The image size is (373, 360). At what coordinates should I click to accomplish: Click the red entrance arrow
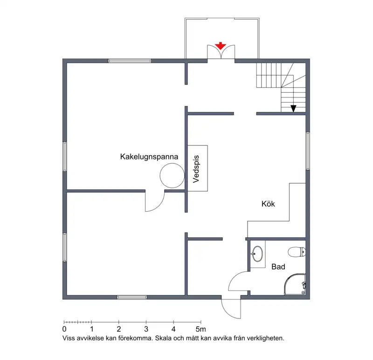point(221,46)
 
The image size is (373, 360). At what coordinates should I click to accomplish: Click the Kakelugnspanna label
point(149,157)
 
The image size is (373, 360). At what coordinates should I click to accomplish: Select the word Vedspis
point(196,169)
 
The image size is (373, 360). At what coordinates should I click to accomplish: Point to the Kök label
point(268,204)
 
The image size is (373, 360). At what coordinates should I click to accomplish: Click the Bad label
point(278,267)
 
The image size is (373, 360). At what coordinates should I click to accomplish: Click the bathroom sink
point(257,253)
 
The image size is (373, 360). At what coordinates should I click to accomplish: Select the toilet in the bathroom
point(297,252)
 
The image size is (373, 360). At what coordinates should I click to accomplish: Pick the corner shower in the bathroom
point(295,284)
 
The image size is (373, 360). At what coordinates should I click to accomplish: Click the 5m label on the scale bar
point(201,329)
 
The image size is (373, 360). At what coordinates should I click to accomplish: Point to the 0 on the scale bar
point(64,329)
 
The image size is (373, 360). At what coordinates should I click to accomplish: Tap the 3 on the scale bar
point(146,329)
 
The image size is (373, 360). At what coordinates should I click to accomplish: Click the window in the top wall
point(130,61)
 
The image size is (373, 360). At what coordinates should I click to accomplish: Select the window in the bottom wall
point(132,297)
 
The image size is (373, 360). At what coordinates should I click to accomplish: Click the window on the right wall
point(308,151)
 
